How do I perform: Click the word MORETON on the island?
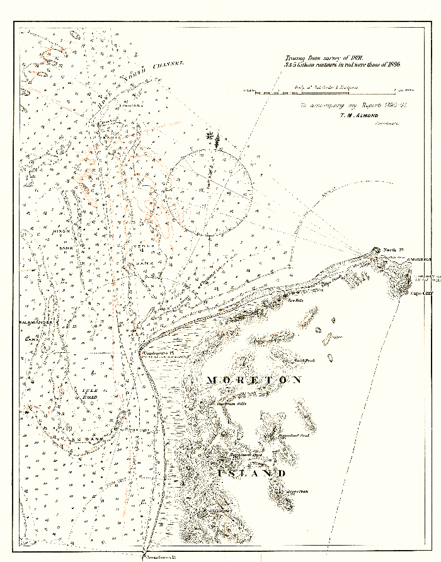pyautogui.click(x=254, y=380)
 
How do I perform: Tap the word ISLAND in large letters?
pyautogui.click(x=251, y=473)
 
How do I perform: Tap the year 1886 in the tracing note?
pyautogui.click(x=390, y=65)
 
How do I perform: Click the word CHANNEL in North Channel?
pyautogui.click(x=169, y=65)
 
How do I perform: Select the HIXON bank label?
pyautogui.click(x=63, y=231)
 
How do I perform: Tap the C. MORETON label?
pyautogui.click(x=420, y=260)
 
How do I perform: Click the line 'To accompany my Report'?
pyautogui.click(x=352, y=105)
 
